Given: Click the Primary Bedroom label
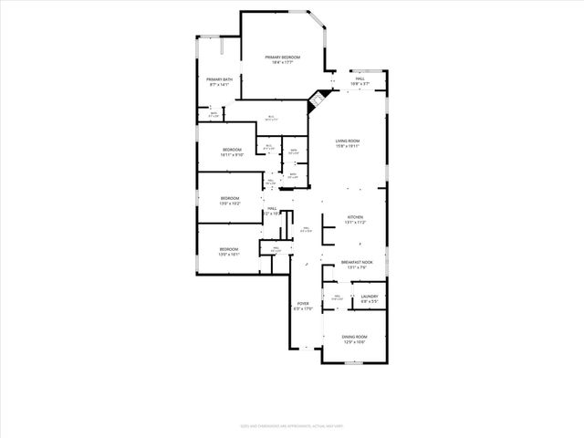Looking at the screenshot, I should (282, 57).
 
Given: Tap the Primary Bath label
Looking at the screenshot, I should (220, 79).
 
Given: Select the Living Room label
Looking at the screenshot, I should (348, 141).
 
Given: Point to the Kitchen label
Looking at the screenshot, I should (355, 217).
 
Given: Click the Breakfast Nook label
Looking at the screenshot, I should (355, 263).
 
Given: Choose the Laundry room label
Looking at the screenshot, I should (370, 296).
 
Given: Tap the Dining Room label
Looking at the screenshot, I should (354, 337).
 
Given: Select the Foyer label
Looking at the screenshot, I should (303, 304).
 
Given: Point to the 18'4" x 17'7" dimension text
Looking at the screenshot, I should (282, 62).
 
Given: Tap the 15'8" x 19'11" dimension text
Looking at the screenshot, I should (348, 146).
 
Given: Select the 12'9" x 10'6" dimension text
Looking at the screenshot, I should (354, 342).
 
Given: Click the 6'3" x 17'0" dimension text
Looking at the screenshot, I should (303, 309).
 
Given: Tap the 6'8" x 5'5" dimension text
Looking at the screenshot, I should (370, 301).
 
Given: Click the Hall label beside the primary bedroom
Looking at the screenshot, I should (360, 79).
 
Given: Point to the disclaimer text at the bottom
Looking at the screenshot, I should (291, 425).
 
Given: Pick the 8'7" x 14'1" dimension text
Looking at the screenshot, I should (220, 85).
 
